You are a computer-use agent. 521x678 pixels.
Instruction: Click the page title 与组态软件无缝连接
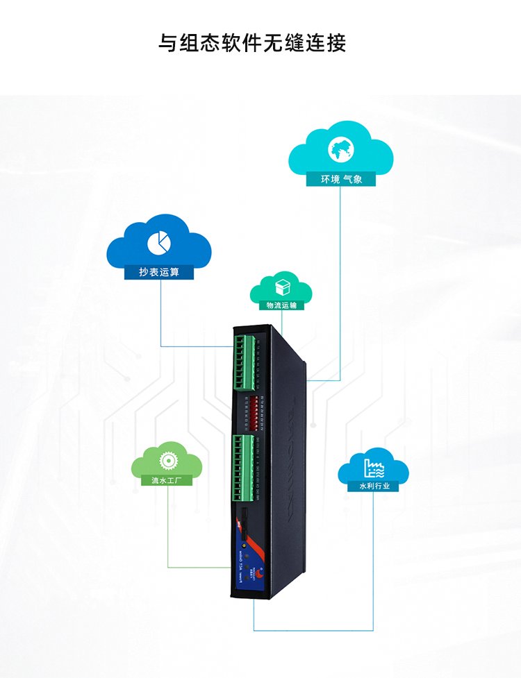[x=252, y=43]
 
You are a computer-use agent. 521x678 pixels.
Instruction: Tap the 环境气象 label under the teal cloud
[x=340, y=180]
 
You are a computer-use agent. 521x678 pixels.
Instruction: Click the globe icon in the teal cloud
[x=341, y=149]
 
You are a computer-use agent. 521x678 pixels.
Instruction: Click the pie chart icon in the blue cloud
[x=159, y=241]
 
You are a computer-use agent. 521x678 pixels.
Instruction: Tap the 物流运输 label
[x=281, y=305]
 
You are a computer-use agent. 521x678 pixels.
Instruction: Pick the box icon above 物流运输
[x=281, y=287]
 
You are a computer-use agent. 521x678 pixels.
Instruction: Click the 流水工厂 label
[x=167, y=480]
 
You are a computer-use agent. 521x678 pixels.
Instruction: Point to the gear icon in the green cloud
[x=167, y=459]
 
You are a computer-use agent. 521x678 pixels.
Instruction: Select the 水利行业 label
[x=374, y=486]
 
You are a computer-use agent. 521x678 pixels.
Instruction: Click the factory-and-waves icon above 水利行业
[x=374, y=466]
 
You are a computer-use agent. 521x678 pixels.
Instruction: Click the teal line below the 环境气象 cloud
[x=340, y=278]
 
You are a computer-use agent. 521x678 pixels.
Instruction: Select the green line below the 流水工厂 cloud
[x=167, y=527]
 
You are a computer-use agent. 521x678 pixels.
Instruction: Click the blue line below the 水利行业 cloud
[x=374, y=555]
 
